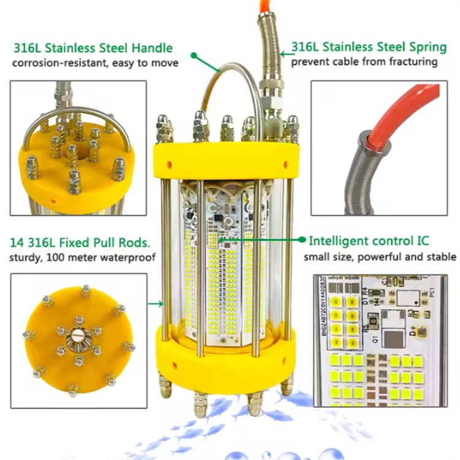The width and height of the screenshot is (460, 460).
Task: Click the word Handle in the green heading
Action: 152,48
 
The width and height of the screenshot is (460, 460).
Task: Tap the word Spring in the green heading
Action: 428,48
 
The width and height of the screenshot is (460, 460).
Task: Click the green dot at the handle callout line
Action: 194,55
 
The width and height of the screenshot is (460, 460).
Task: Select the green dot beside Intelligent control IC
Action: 302,240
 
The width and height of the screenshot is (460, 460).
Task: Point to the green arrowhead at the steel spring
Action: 283,54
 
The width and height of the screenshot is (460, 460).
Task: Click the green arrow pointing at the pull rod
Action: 156,304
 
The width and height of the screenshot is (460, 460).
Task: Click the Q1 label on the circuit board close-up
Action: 375,339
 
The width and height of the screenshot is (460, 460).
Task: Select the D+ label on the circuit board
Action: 413,331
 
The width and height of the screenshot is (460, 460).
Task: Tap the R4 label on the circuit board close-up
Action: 365,292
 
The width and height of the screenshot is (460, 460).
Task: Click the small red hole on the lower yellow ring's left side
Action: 174,366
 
